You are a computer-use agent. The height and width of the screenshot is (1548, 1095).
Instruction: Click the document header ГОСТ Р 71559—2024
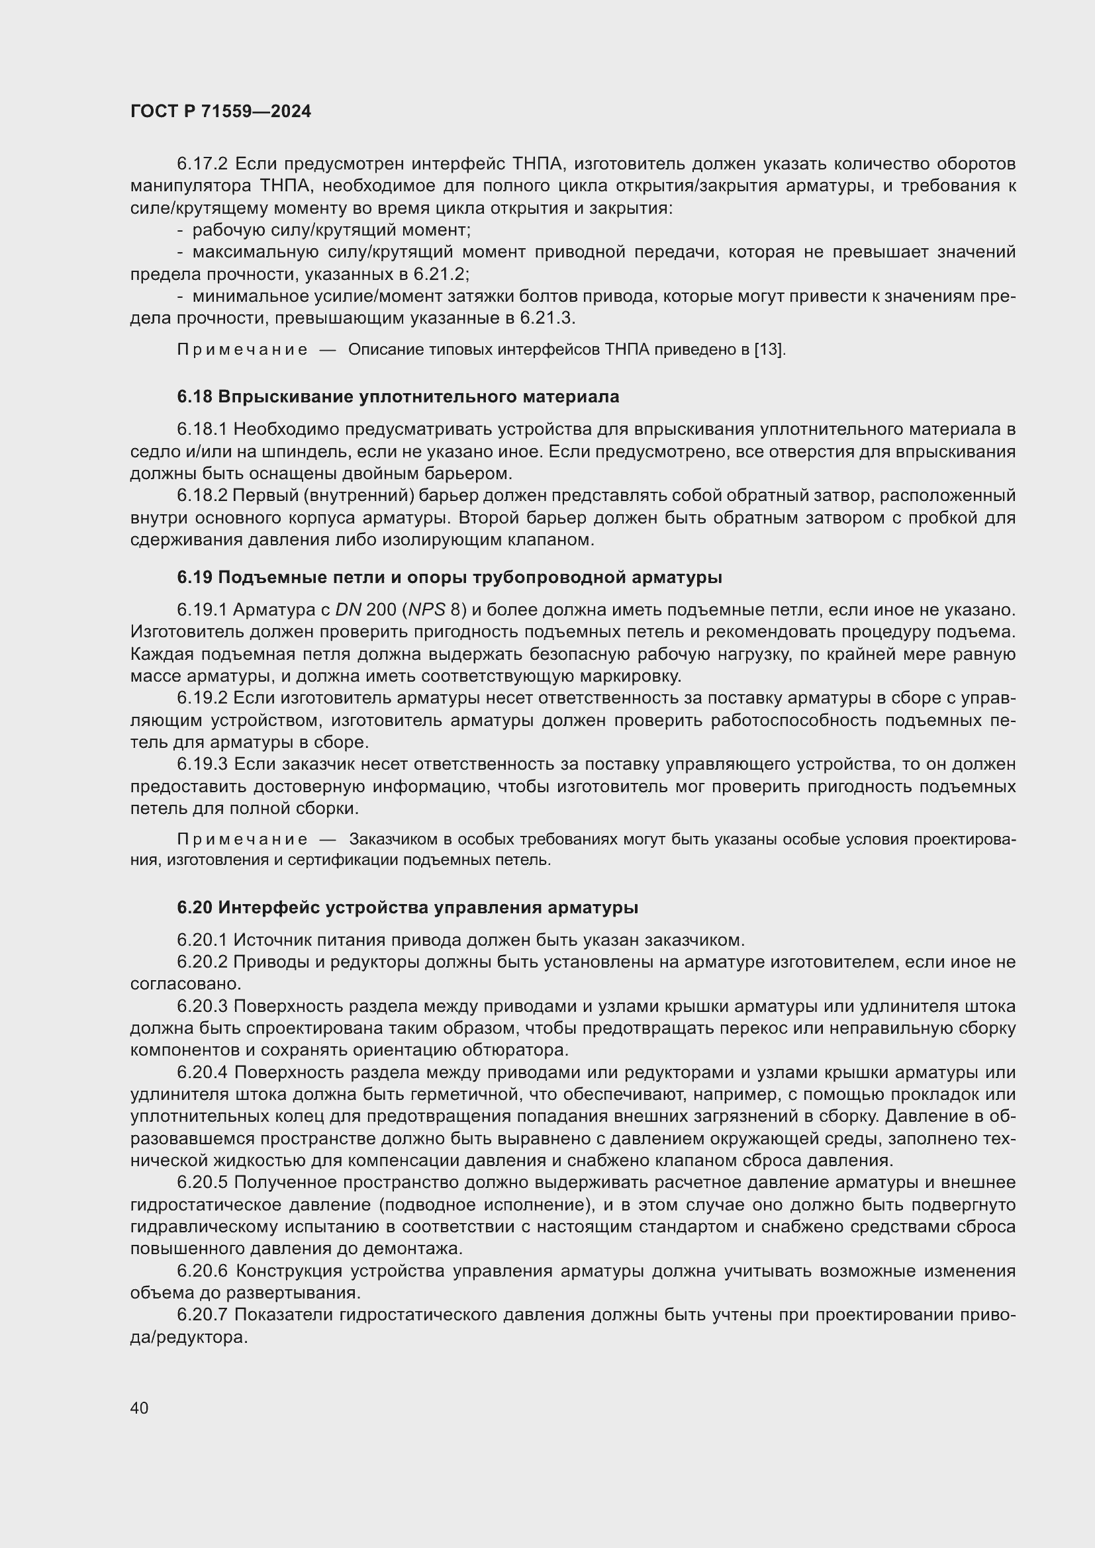click(220, 112)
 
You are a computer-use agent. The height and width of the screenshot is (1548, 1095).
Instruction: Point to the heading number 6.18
click(195, 397)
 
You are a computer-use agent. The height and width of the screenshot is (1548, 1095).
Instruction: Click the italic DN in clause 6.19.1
click(349, 610)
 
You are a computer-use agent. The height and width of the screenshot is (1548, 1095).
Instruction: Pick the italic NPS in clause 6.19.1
click(426, 610)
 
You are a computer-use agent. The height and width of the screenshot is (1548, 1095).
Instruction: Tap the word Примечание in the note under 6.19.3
click(242, 839)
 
